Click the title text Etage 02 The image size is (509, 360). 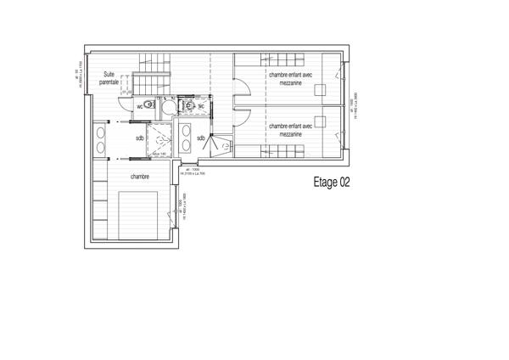332,182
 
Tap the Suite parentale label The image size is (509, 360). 109,78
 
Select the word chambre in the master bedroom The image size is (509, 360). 140,177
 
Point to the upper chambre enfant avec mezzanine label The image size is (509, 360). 291,78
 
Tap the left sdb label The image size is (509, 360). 139,138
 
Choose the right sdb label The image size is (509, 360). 200,138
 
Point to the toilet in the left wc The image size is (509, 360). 150,105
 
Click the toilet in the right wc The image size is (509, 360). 190,105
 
